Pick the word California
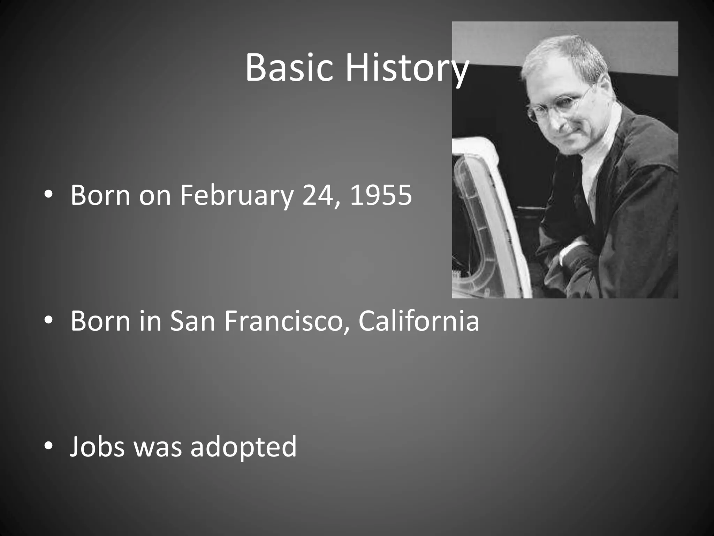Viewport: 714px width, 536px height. (418, 321)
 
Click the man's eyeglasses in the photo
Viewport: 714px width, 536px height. (558, 105)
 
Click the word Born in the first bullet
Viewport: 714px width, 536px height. (100, 195)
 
